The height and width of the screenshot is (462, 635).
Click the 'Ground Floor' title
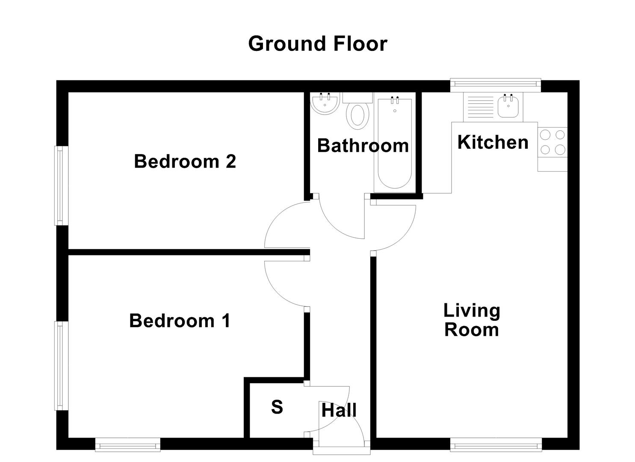(x=317, y=44)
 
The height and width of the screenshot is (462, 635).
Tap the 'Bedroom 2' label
(x=185, y=161)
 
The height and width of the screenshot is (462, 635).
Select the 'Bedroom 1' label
(x=180, y=320)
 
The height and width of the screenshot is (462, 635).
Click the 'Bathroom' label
(x=363, y=145)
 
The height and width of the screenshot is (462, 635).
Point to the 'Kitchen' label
(x=493, y=142)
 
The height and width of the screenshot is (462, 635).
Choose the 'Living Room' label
(x=472, y=320)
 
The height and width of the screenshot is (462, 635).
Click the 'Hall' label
(x=339, y=410)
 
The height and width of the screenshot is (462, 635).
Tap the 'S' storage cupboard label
(x=277, y=407)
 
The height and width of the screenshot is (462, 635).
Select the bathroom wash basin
(x=324, y=104)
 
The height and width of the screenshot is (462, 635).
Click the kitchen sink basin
(x=508, y=107)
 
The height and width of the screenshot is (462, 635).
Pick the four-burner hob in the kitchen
(x=552, y=142)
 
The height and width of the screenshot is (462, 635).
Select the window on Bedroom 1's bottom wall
(x=127, y=445)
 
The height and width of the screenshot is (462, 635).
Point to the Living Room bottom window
(x=496, y=445)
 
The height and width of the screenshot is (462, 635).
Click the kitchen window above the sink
(x=495, y=85)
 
